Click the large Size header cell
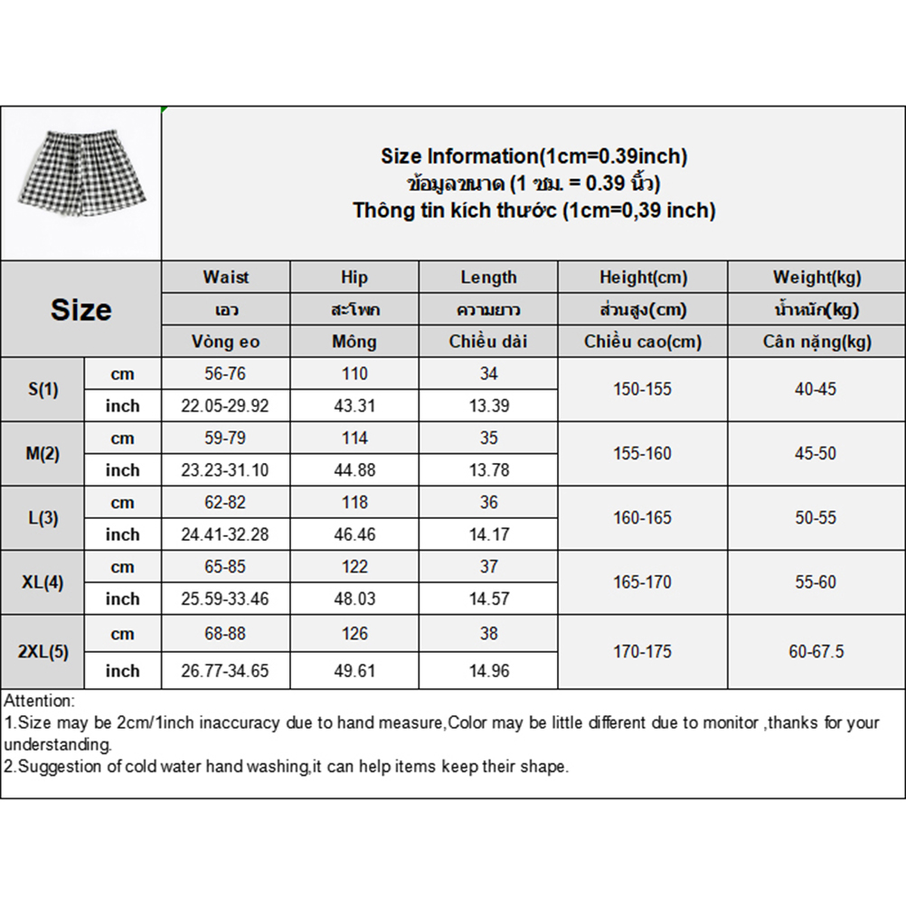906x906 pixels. click(81, 310)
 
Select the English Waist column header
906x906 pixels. click(226, 278)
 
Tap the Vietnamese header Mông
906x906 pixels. click(354, 342)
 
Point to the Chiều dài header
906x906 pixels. click(488, 342)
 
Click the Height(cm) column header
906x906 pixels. click(643, 278)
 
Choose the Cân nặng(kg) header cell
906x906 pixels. click(816, 342)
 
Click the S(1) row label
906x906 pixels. click(42, 390)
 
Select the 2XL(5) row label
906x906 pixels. click(42, 652)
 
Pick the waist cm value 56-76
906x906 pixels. click(225, 374)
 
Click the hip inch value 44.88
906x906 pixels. click(354, 470)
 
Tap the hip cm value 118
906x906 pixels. click(354, 503)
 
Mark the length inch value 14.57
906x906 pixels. click(488, 599)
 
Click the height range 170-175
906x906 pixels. click(642, 652)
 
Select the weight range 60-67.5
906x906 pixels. click(816, 652)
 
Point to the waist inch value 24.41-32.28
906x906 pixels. click(225, 534)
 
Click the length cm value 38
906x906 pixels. click(488, 634)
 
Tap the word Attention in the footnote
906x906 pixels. click(39, 701)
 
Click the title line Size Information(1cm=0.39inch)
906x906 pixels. click(533, 156)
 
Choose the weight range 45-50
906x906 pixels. click(816, 454)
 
